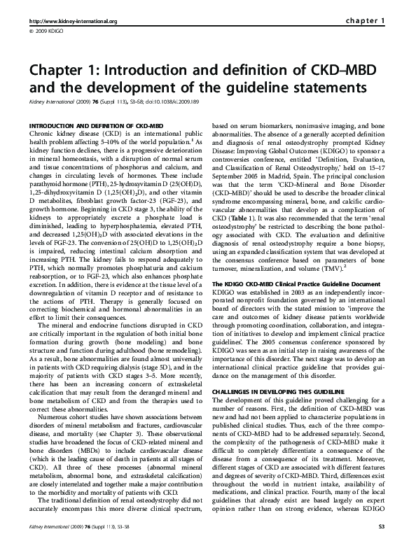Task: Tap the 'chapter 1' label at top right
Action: (x=366, y=21)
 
